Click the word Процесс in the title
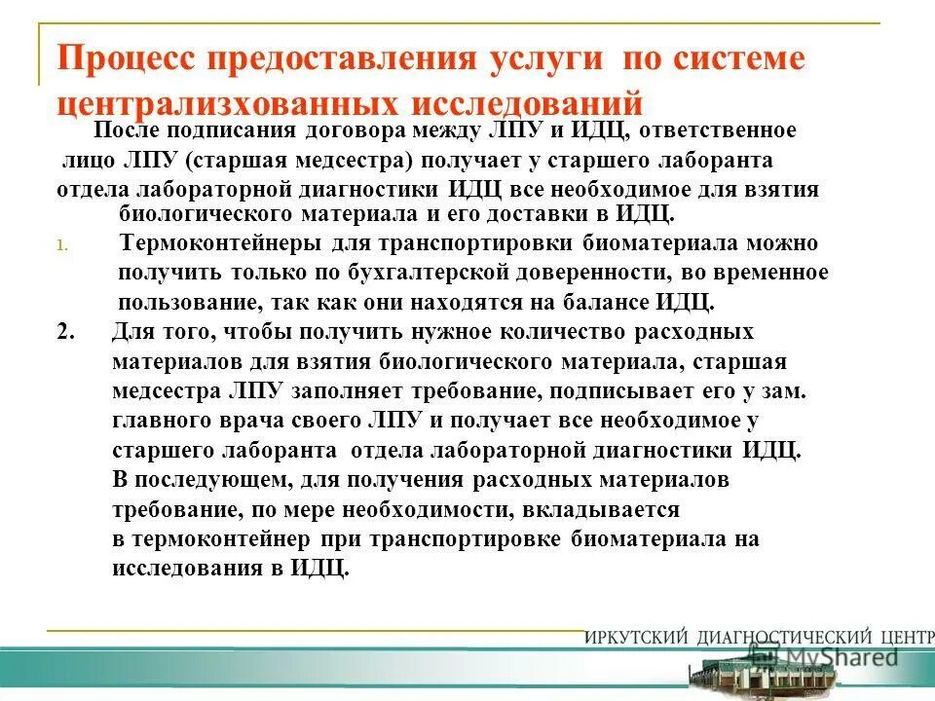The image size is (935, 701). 131,58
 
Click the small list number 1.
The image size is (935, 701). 61,245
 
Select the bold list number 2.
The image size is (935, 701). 65,331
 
